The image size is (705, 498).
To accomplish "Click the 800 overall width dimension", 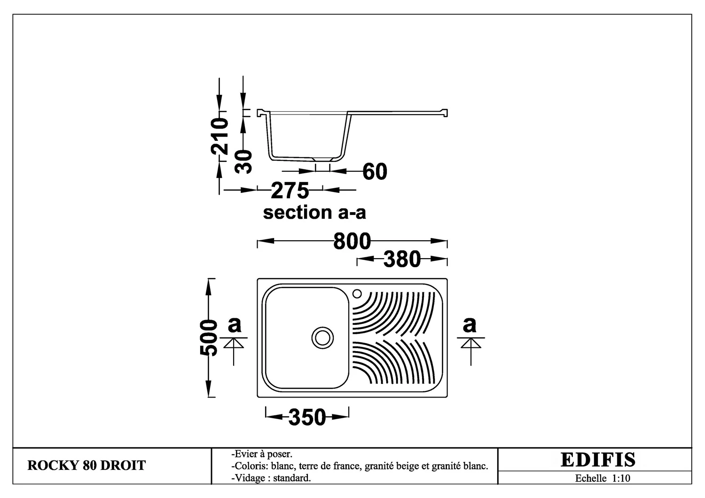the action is (352, 241).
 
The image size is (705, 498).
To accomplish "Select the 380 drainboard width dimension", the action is (402, 260).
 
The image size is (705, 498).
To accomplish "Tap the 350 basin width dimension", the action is (307, 417).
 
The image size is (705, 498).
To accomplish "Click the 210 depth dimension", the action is (219, 136).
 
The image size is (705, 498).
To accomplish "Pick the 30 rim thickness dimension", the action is (243, 162).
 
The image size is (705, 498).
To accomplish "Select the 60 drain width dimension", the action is (375, 172).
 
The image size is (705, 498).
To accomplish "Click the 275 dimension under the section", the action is (290, 191).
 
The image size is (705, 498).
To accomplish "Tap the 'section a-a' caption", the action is (314, 213).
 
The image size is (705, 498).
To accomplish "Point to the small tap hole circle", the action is (357, 294).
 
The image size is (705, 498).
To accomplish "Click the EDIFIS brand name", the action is (598, 460).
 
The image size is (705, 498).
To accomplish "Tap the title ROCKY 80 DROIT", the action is (86, 466).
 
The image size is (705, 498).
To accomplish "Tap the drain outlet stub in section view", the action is (322, 160).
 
